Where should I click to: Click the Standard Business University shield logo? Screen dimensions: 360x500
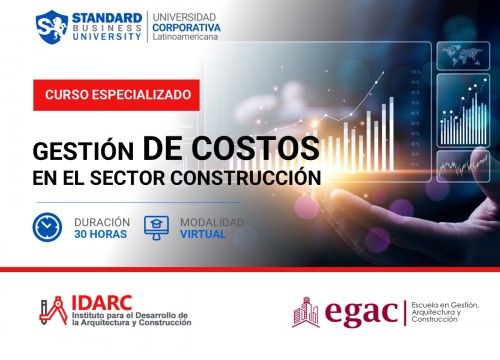[50, 27]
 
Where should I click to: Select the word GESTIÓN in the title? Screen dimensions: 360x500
[83, 152]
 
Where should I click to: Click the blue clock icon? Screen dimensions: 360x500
[47, 226]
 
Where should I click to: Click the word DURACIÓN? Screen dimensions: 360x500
[104, 220]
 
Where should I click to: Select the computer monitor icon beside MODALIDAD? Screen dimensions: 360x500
[158, 226]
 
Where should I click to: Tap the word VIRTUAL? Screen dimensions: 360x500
[204, 235]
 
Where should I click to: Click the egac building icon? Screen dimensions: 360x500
[305, 312]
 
